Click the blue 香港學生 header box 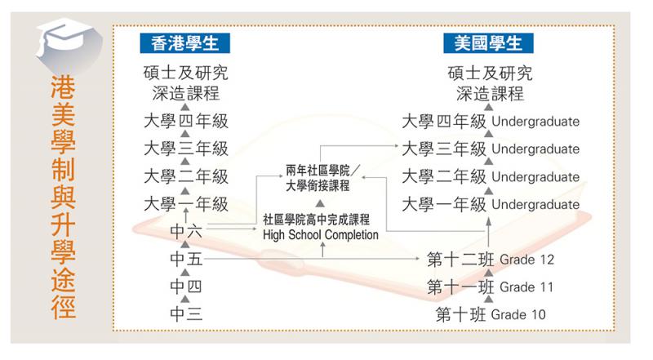tap(185, 43)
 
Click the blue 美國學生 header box tap(488, 43)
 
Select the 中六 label tap(186, 231)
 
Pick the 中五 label tap(186, 259)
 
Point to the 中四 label tap(186, 287)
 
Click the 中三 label tap(186, 314)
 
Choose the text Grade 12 tap(526, 260)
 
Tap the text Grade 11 tap(526, 287)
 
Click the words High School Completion tap(321, 235)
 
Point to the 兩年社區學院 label tap(318, 171)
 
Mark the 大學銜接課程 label tap(318, 185)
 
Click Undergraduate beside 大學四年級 tap(535, 122)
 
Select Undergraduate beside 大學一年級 tap(535, 204)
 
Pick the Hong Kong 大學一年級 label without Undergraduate tap(186, 204)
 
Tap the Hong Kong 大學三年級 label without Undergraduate tap(186, 149)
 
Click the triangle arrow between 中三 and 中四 tap(185, 300)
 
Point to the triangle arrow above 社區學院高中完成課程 tap(320, 203)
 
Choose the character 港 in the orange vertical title tap(64, 88)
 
